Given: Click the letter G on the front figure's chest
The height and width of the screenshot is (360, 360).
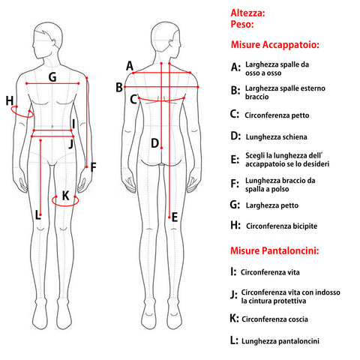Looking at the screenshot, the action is [52, 77].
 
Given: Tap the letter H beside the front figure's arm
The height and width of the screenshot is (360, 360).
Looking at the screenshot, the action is [10, 100].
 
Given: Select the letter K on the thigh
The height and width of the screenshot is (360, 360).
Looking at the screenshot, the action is [65, 196].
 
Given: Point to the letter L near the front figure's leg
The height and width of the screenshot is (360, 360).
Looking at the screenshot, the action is [37, 215].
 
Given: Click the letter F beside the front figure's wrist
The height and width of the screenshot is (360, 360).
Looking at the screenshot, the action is [93, 167].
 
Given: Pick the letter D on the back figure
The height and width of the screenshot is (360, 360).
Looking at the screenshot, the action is [154, 143].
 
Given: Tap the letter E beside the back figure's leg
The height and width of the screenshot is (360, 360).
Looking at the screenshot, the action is [175, 217].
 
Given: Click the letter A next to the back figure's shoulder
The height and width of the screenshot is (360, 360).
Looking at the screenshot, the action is [130, 66].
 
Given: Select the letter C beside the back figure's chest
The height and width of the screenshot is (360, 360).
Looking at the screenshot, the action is [133, 100].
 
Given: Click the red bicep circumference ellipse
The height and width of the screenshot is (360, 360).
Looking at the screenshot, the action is [22, 117].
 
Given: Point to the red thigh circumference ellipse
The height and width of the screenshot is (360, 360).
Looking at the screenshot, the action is [65, 205].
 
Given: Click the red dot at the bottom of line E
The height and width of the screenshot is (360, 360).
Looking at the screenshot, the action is [169, 217].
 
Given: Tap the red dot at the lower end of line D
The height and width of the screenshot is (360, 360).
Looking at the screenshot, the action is [161, 148].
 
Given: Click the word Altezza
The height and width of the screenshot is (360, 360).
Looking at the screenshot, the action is [247, 13].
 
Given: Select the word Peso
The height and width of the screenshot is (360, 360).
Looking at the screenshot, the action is [242, 24].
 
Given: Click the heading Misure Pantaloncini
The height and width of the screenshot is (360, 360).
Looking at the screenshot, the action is [274, 250].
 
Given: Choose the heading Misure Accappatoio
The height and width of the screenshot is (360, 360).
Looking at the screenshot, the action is [275, 45].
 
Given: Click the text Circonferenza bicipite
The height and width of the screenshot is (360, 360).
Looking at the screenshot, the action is [282, 226].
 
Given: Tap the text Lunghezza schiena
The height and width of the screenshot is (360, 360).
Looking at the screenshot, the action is [277, 137].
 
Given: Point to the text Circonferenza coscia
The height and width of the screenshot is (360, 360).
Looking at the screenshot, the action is [274, 319].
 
